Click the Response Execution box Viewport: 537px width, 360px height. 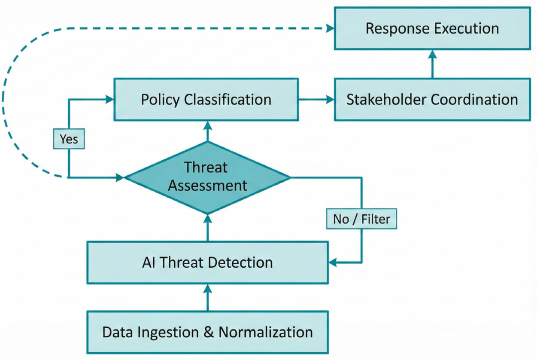pos(432,28)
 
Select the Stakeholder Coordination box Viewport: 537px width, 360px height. pos(432,99)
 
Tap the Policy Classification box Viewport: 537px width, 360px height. pos(206,99)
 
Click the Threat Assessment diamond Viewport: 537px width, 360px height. pos(208,177)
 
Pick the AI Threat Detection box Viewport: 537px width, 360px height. pos(208,262)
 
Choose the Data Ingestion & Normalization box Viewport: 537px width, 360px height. pos(208,332)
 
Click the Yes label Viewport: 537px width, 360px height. pos(69,139)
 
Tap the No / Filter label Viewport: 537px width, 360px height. pos(361,219)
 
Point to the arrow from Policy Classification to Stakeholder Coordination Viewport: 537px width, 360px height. pos(316,99)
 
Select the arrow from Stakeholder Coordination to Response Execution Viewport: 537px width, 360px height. pos(432,64)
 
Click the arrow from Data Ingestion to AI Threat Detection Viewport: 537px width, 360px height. pos(208,298)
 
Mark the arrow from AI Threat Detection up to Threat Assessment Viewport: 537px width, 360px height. pos(208,228)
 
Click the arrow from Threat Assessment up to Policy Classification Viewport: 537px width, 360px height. pos(208,131)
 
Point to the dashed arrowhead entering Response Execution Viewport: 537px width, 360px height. pos(330,28)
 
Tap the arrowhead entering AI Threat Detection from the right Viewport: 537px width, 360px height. pos(333,262)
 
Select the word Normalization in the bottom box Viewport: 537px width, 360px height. pos(266,332)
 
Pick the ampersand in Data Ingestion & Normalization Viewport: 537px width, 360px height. pos(208,333)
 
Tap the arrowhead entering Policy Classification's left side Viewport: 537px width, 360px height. pos(110,99)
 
